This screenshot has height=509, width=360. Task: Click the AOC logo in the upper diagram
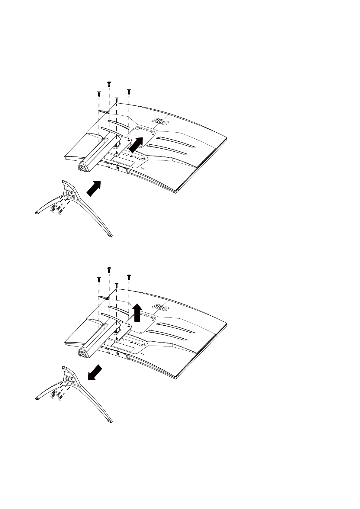[x=160, y=122]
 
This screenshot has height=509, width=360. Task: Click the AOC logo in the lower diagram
[x=160, y=308]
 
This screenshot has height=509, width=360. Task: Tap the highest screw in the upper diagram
[x=109, y=84]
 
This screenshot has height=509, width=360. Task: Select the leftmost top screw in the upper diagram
[x=99, y=93]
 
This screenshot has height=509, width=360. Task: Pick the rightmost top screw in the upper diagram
[x=129, y=91]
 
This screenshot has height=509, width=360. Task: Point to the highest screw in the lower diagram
[x=109, y=269]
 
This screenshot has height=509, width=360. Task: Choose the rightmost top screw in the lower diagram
[x=129, y=277]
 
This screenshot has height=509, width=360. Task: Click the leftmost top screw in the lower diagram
[x=99, y=279]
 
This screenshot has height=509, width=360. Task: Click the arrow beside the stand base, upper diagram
[x=94, y=188]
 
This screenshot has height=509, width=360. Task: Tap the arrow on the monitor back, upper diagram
[x=136, y=145]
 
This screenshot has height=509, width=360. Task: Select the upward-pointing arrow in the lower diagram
[x=137, y=313]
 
